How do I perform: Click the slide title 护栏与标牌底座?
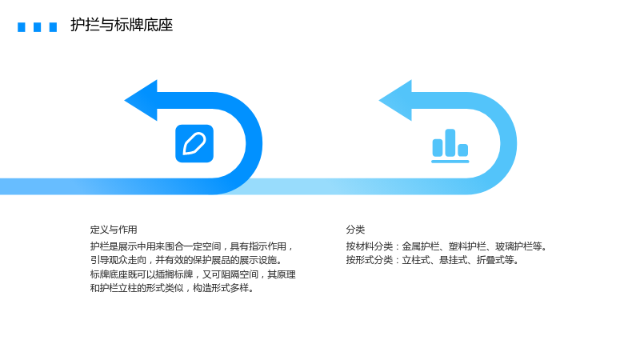[122, 25]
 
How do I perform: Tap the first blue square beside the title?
[22, 27]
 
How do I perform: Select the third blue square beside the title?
[53, 27]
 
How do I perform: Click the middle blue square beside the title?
[37, 27]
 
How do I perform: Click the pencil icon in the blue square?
[194, 144]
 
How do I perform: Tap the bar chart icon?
[450, 146]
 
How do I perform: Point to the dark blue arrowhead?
[141, 101]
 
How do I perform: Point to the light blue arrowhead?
[395, 101]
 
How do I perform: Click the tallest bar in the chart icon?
[450, 143]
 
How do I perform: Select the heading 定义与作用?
[114, 230]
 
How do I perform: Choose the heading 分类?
[355, 230]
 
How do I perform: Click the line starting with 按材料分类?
[446, 246]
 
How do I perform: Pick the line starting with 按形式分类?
[433, 260]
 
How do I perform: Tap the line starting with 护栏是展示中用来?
[192, 246]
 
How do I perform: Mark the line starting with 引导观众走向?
[186, 260]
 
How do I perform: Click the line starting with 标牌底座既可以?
[193, 274]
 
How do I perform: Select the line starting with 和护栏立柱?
[172, 288]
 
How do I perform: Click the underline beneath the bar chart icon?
[450, 162]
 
